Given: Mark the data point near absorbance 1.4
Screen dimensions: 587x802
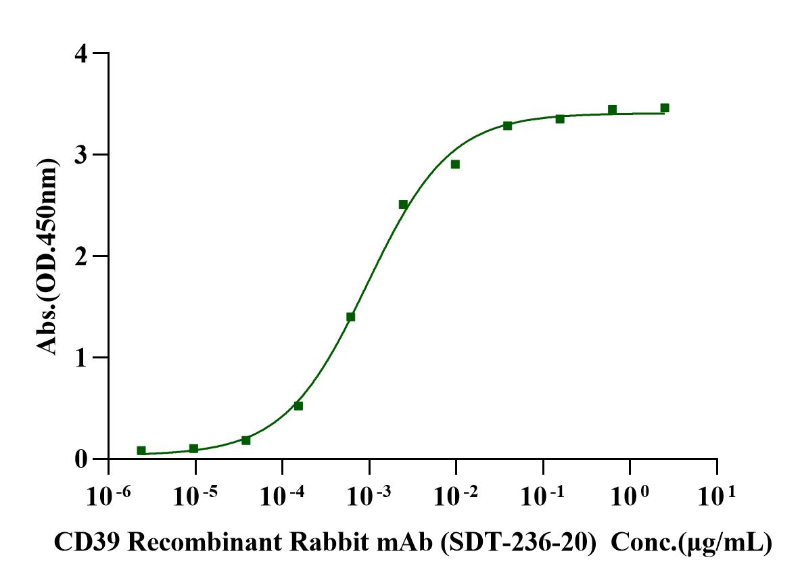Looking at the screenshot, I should tap(350, 316).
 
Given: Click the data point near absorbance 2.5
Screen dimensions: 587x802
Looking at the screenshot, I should tap(403, 204).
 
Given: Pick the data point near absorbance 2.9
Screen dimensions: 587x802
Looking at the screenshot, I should tap(455, 164).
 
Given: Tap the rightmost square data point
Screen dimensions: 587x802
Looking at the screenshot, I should tap(665, 108).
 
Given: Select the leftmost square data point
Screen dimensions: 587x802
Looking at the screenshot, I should tap(141, 450).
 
